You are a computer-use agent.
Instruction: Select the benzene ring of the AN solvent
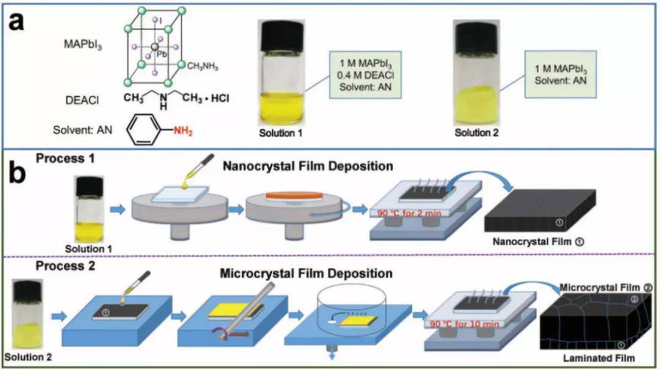click(145, 129)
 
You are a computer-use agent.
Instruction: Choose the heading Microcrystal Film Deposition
click(306, 273)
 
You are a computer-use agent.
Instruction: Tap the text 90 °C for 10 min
click(464, 323)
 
